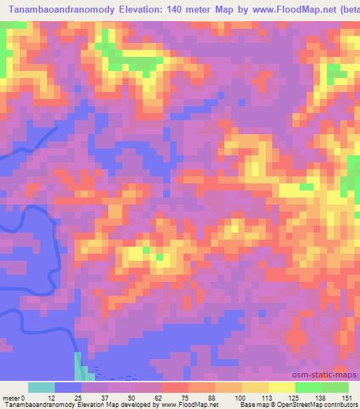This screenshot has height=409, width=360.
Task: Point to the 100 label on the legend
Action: [241, 397]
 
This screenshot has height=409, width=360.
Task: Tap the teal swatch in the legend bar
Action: [41, 387]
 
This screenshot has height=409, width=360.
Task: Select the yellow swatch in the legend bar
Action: [255, 387]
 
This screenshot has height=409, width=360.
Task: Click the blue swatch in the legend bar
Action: [68, 387]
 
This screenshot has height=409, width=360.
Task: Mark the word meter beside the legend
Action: [11, 397]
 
